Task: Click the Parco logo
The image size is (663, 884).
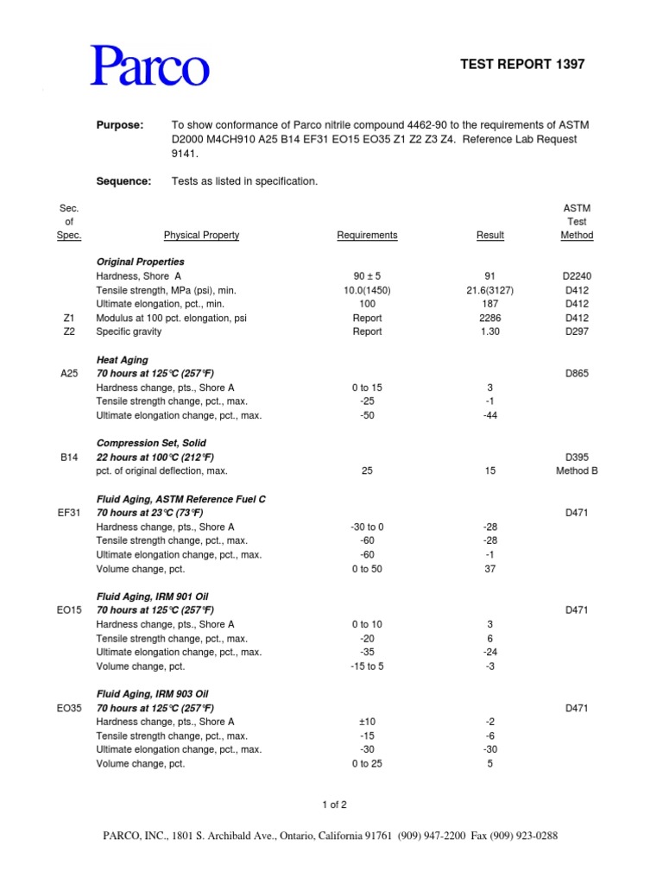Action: point(150,66)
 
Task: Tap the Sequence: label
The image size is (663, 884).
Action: point(123,181)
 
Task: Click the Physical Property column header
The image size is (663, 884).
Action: point(201,235)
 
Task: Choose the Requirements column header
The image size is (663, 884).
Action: point(367,235)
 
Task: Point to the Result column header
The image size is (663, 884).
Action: point(490,235)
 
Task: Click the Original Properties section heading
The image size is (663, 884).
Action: point(140,262)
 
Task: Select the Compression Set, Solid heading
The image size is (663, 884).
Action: point(151,443)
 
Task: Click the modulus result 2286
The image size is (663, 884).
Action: point(490,318)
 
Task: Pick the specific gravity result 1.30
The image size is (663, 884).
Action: point(490,331)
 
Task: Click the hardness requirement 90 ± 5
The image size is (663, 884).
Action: point(367,276)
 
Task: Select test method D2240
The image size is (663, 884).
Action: point(577,276)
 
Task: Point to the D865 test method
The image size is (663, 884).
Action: point(577,374)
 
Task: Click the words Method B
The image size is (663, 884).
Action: point(577,470)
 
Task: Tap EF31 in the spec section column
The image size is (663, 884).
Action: point(70,513)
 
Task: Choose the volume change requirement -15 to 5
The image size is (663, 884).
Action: point(367,666)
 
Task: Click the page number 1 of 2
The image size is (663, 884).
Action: point(333,805)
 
